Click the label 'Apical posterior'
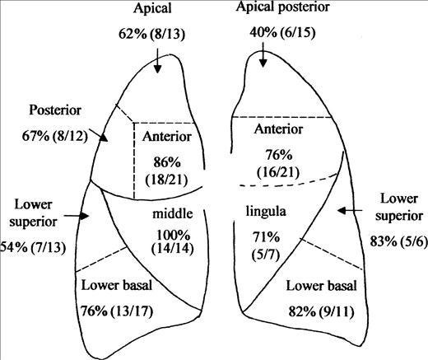coord(282,7)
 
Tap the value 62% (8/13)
coord(152,35)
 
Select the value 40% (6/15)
coord(282,33)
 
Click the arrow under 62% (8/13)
coord(157,61)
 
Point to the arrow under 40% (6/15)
coord(263,54)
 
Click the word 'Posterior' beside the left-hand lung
coord(55,110)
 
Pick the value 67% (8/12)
coord(54,136)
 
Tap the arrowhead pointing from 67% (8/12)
coord(104,138)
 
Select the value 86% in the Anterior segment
coord(167,162)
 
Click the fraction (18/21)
coord(167,180)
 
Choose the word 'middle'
coord(173,213)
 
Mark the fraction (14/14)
coord(173,248)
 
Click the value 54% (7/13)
coord(33,247)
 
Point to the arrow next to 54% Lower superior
coord(77,216)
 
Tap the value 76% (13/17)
coord(117,311)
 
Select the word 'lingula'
coord(266,212)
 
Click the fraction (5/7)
coord(266,255)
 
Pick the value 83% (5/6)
coord(399,241)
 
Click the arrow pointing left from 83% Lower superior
coord(350,211)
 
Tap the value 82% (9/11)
coord(321,311)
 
